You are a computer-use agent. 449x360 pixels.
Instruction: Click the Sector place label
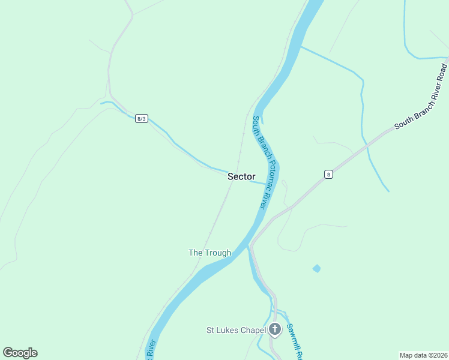241,176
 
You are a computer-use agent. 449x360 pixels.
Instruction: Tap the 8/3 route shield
142,118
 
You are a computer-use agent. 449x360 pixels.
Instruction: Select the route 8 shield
328,174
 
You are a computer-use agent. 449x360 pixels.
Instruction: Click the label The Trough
209,253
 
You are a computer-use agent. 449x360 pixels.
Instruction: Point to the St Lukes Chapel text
236,329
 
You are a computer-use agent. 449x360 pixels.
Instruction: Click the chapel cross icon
275,329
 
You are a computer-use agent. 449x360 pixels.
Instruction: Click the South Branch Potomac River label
264,162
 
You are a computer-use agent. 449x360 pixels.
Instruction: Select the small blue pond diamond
316,268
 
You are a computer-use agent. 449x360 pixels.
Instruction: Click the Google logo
20,353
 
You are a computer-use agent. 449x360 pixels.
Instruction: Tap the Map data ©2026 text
423,355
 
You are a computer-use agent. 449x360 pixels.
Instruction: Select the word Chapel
253,329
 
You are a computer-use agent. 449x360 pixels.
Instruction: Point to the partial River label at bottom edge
150,350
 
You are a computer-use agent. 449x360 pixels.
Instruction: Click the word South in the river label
255,125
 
